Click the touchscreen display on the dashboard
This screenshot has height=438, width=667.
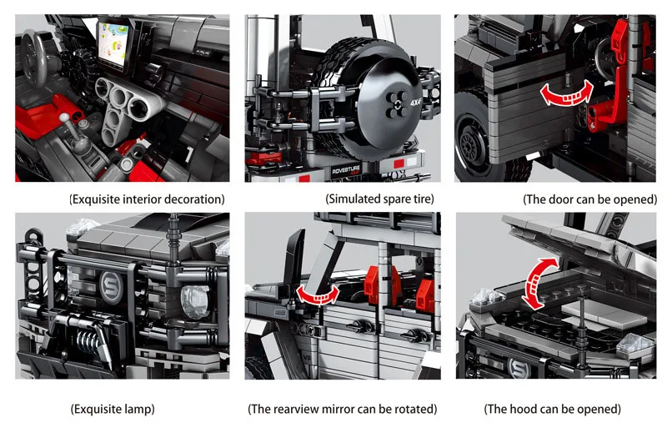coord(114,43)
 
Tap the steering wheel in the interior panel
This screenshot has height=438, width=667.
coord(34,58)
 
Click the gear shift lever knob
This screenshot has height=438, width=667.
coord(64,118)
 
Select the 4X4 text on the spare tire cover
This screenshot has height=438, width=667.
coord(415,102)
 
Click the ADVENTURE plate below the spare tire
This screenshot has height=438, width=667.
coord(346,171)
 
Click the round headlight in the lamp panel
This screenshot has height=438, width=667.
coord(196,302)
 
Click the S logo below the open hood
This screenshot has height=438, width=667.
coord(519,368)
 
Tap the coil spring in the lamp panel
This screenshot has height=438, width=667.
coord(88,340)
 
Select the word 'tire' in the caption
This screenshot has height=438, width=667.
coord(421,199)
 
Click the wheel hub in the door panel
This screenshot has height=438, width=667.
coord(469,142)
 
